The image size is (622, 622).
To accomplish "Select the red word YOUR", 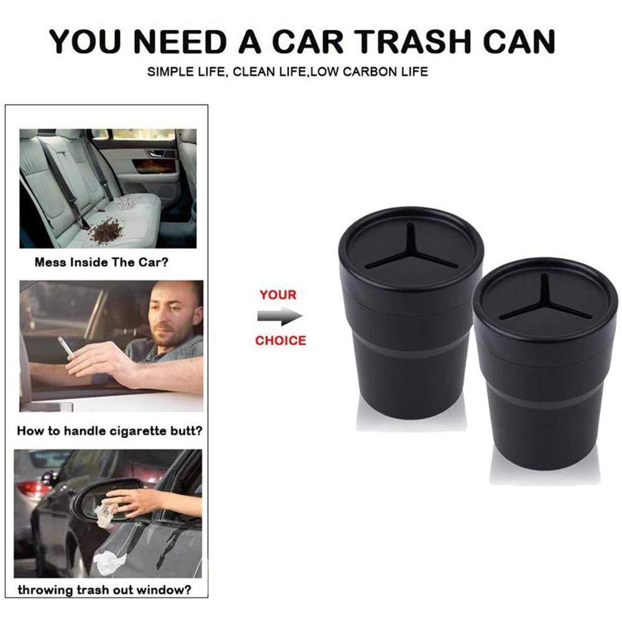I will (x=278, y=295).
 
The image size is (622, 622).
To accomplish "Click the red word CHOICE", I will (x=280, y=341).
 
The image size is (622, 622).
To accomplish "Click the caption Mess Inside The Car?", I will (x=101, y=262).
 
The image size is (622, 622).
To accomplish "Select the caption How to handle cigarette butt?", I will (x=109, y=429).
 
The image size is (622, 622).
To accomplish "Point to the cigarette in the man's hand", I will (x=65, y=347).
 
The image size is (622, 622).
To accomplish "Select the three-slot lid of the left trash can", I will (x=411, y=250).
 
